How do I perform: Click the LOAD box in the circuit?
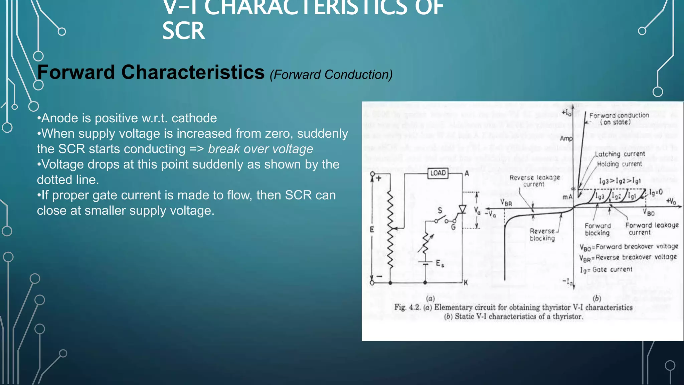(438, 173)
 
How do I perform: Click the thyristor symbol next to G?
(462, 210)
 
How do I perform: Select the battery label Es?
(440, 264)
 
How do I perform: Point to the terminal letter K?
(466, 283)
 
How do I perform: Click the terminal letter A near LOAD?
(467, 173)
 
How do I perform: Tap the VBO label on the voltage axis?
(649, 213)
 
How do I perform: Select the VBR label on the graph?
(506, 203)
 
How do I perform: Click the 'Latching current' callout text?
(620, 154)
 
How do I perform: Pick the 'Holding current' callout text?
(619, 164)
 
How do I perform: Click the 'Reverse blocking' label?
(542, 235)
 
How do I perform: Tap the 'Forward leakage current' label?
(652, 229)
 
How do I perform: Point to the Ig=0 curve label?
(656, 192)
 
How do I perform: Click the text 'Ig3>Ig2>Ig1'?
(620, 181)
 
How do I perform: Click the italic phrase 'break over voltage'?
(261, 149)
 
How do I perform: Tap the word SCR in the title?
(183, 31)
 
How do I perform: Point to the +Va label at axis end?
(671, 201)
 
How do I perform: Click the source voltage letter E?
(372, 229)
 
